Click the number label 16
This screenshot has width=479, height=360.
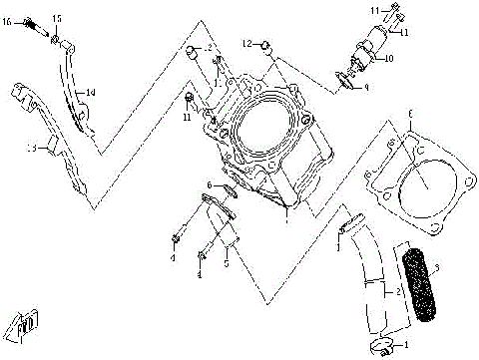tap(8, 20)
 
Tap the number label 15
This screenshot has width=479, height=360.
tap(57, 19)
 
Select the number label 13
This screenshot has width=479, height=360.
tap(32, 148)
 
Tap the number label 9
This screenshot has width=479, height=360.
tap(365, 87)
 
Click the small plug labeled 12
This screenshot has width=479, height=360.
tap(265, 45)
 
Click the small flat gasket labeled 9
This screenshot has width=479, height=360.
tap(345, 80)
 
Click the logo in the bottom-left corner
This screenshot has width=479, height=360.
tap(20, 321)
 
